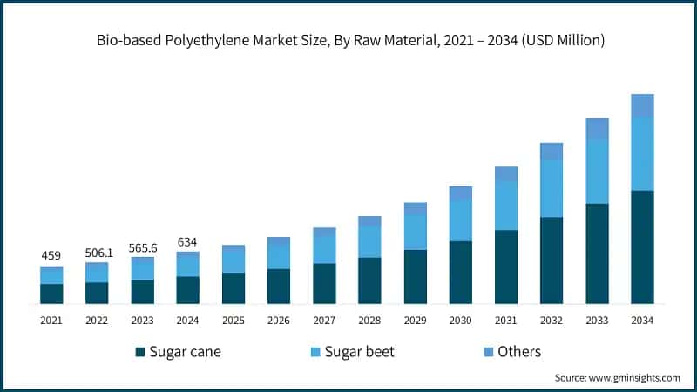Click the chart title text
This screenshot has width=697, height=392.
pos(348,40)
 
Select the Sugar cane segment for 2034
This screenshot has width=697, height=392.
pos(642,247)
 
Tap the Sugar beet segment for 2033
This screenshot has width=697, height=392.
pos(597,172)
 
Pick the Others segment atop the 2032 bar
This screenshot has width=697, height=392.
pos(552,152)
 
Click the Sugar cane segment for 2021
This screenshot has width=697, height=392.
pos(51,294)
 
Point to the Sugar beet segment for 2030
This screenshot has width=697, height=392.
pos(461,220)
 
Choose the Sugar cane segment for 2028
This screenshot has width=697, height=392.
pos(369,280)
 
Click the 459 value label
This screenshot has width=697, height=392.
pos(51,256)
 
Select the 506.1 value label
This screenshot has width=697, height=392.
pos(97,252)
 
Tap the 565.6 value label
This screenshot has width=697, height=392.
pos(142,247)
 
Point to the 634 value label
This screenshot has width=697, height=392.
pos(187,241)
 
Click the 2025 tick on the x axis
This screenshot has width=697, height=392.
pos(233,321)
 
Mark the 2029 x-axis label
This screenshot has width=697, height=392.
pos(415,321)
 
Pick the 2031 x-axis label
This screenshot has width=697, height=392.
pos(506,321)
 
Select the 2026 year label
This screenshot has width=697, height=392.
pos(279,321)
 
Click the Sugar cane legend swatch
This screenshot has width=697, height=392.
pos(139,352)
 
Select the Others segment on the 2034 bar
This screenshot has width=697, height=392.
pos(642,105)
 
